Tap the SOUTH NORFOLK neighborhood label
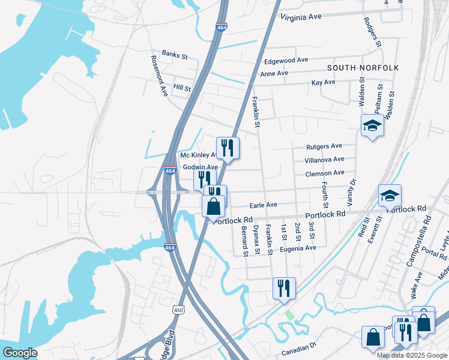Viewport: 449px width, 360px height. coord(363,68)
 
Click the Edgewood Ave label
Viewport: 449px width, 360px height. coord(286,61)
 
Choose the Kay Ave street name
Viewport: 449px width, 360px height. coord(323,82)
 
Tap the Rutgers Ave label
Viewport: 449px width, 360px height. coord(324,146)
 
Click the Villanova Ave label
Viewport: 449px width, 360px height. coord(324,160)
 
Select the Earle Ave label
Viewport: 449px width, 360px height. coord(263,205)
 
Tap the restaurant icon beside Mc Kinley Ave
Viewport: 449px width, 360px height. coord(228,147)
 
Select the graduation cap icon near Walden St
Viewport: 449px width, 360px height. coord(372,125)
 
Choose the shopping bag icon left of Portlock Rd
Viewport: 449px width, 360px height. coord(214,206)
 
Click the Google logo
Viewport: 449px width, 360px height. coord(19,353)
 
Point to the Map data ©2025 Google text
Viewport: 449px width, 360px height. coord(411,355)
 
